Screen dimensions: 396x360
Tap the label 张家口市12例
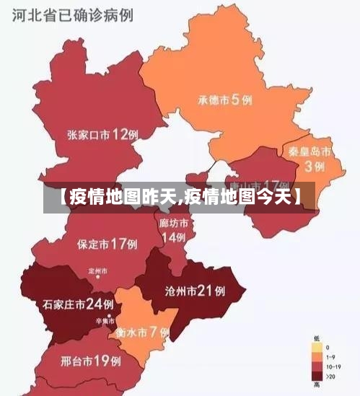coord(102,134)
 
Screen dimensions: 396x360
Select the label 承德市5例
coord(225,100)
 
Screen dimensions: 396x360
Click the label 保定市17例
coord(107,244)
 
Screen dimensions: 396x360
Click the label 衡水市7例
coord(142,333)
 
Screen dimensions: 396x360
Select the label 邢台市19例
coord(90,360)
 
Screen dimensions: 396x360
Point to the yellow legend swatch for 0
coord(317,348)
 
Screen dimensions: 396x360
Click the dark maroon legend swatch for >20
coord(317,375)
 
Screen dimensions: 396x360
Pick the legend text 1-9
coord(330,357)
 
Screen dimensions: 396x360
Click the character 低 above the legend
coord(317,338)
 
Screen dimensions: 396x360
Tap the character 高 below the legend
coord(317,384)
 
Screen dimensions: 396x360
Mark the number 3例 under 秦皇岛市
coord(314,167)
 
